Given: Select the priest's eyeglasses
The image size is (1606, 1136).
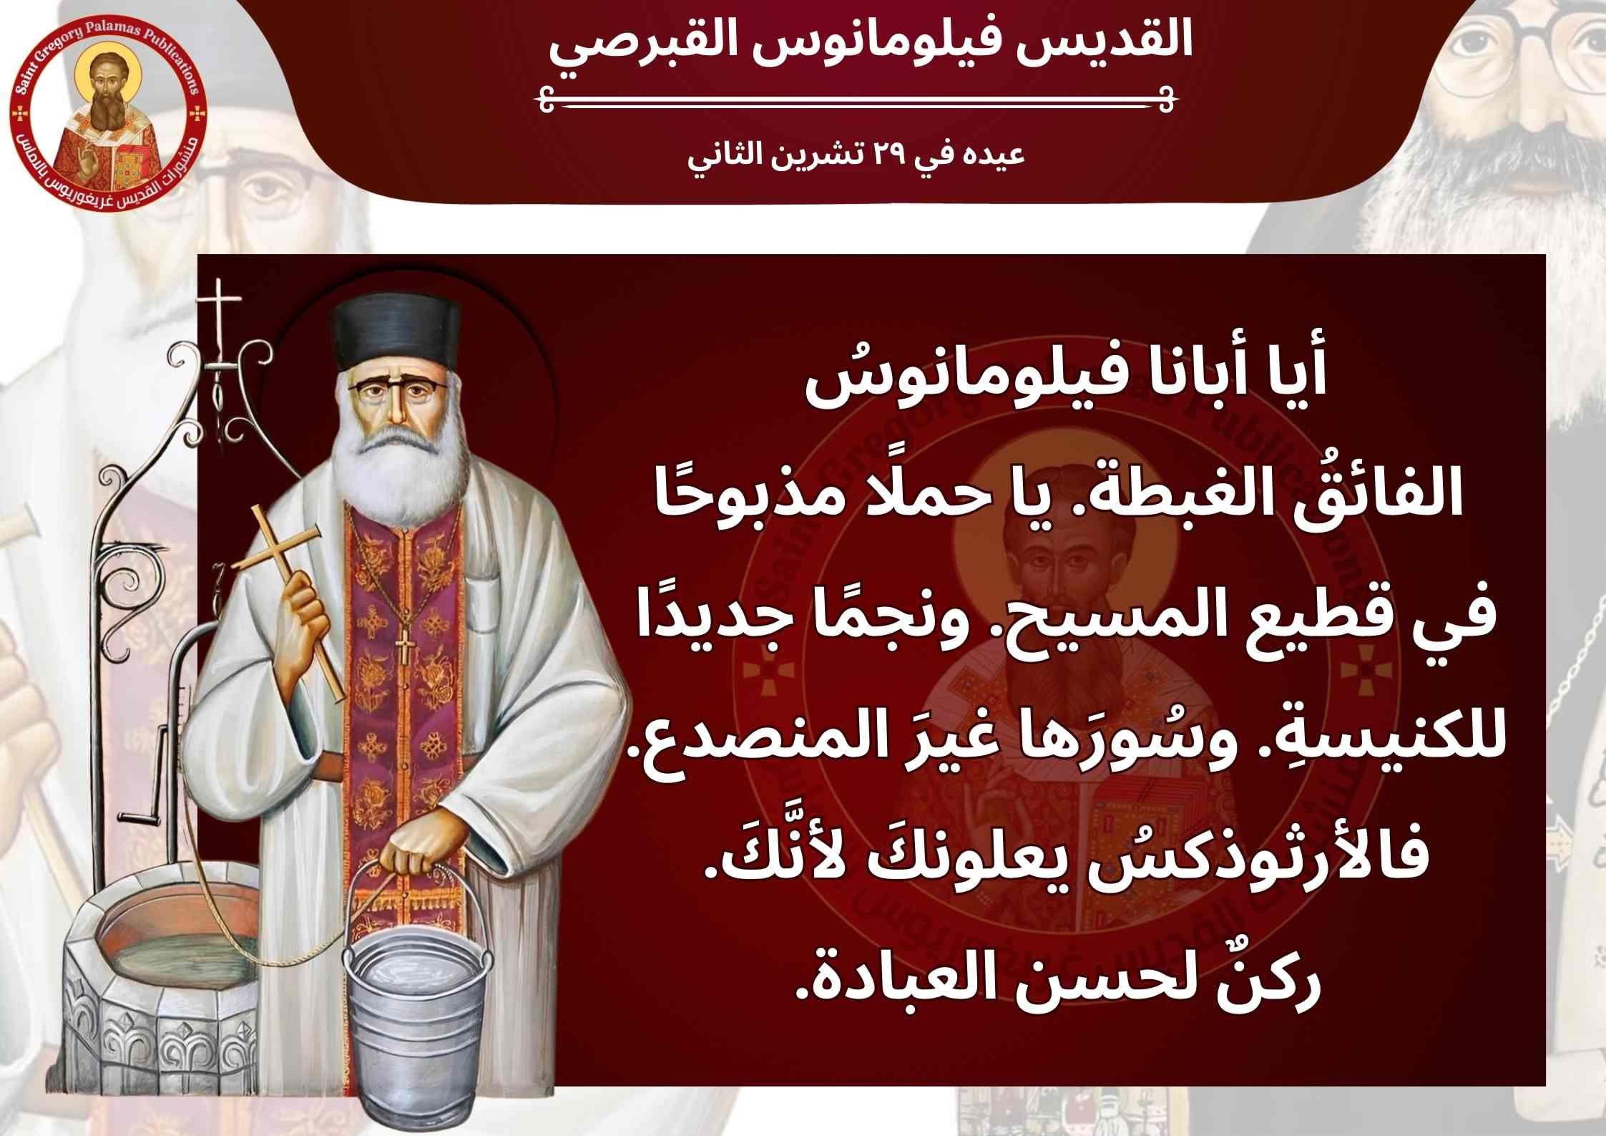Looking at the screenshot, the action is (x=398, y=392).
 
